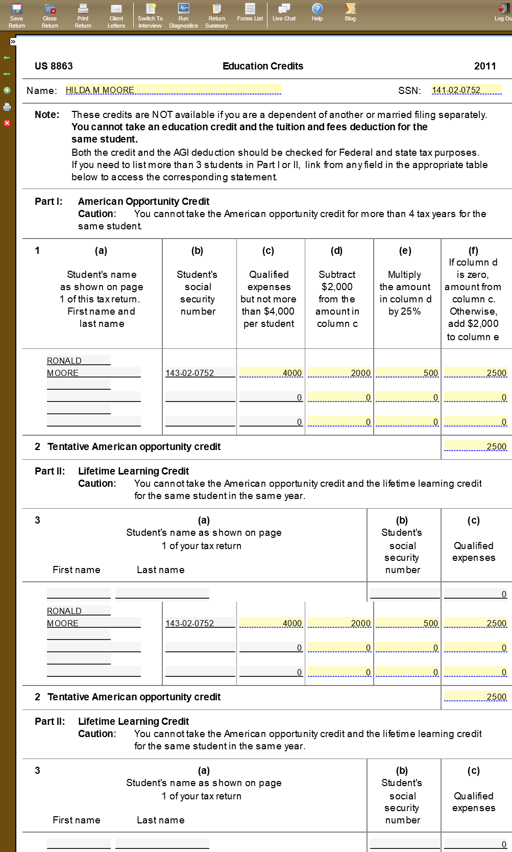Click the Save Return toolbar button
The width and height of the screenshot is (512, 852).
[x=17, y=15]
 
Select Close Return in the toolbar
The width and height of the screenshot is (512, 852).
[x=50, y=15]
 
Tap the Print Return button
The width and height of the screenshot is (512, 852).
[x=83, y=15]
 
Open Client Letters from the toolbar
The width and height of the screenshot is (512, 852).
[x=116, y=15]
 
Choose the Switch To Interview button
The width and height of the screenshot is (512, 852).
[x=150, y=15]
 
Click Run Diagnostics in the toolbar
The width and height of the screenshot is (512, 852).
[x=184, y=15]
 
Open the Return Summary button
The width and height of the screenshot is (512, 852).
[x=217, y=15]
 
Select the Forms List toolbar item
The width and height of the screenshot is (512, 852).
[x=250, y=12]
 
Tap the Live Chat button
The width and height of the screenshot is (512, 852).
[x=284, y=12]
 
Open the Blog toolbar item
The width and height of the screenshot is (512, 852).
[x=350, y=12]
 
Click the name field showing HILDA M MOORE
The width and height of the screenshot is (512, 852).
[x=173, y=90]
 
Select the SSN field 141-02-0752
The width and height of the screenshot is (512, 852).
[x=466, y=90]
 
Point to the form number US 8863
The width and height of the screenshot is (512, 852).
[x=54, y=66]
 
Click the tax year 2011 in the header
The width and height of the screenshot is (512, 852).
[x=484, y=66]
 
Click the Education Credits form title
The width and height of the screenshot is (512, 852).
[x=263, y=66]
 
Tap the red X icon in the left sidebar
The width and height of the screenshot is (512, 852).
[x=7, y=123]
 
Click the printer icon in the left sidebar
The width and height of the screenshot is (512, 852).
[x=7, y=107]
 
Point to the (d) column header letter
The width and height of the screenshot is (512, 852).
[x=336, y=250]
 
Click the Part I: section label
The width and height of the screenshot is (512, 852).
[x=48, y=201]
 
